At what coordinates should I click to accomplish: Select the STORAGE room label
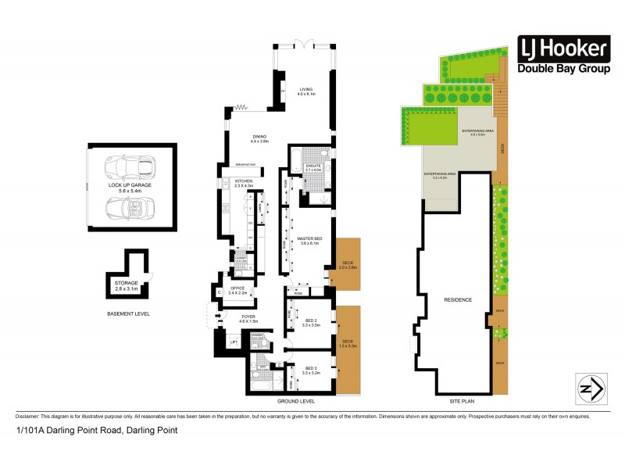coord(127,285)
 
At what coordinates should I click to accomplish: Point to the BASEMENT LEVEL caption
coord(129,313)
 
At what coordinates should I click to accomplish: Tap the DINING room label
coord(259,139)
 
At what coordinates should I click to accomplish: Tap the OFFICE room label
coord(237,290)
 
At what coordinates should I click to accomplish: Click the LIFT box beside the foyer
coord(233,342)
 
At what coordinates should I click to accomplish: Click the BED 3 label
coord(310,371)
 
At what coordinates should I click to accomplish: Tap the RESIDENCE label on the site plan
coord(457,299)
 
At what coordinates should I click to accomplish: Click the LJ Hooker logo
coord(562,56)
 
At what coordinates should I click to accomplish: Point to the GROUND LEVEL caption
coord(296,401)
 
